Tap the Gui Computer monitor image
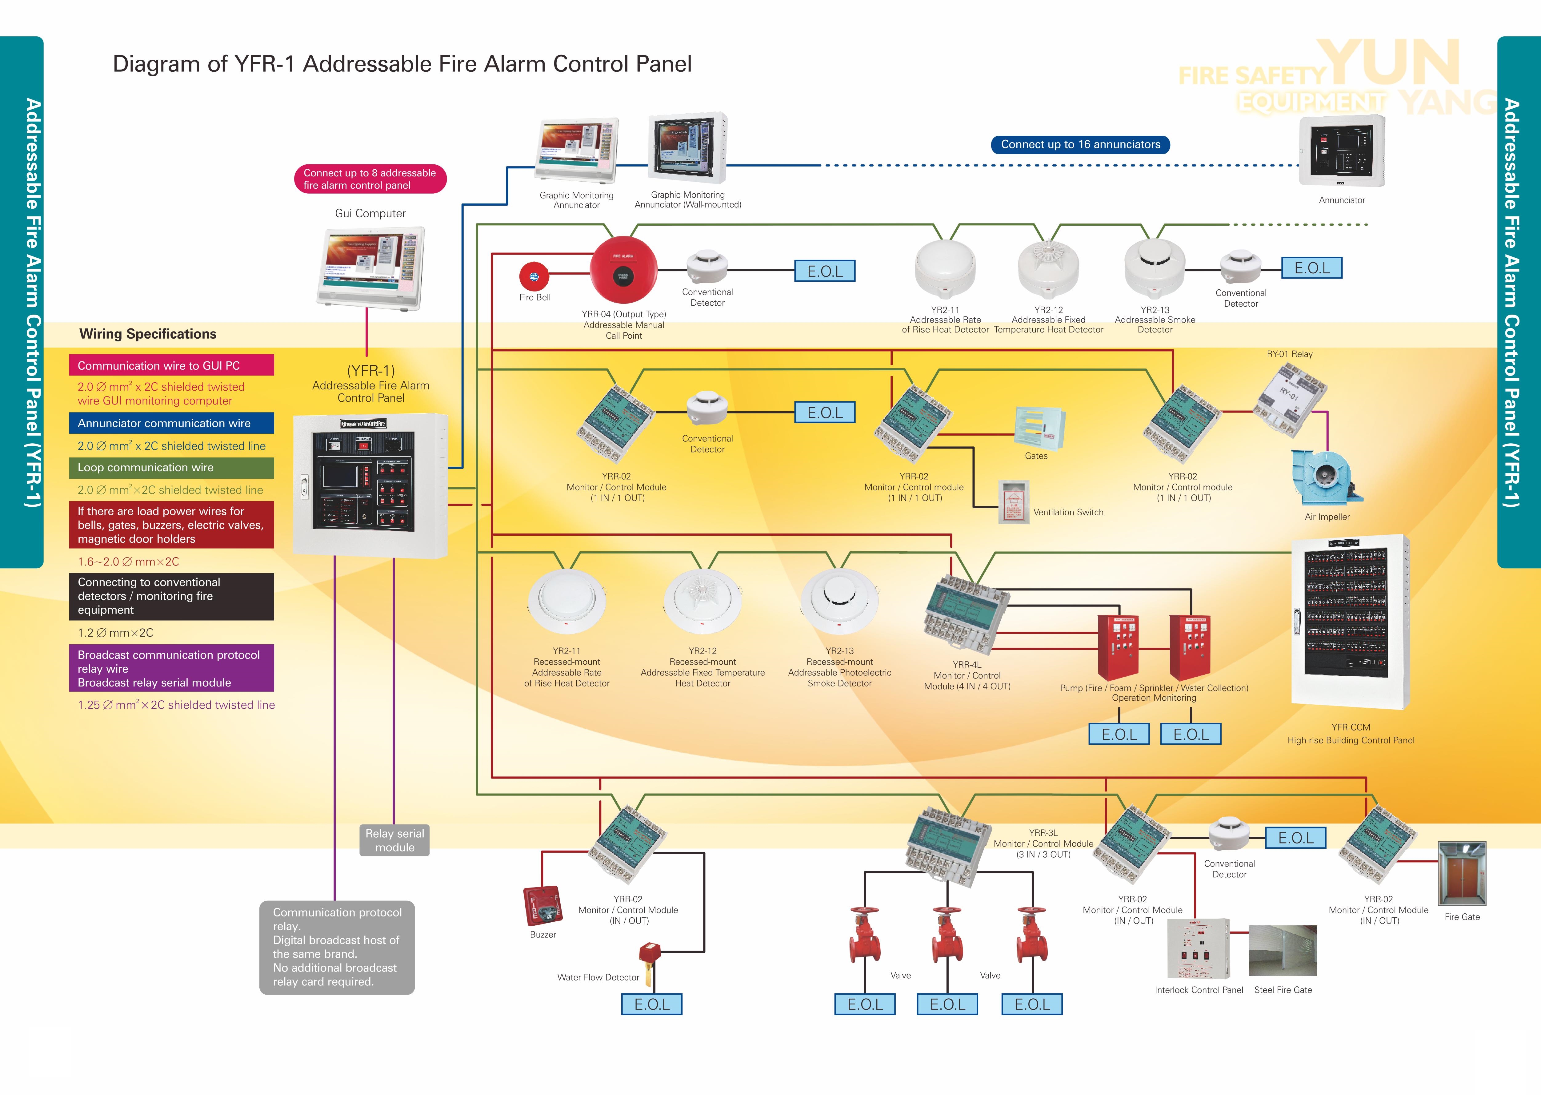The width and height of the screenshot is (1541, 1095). tap(370, 266)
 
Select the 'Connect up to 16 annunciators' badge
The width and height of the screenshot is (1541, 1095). tap(1080, 144)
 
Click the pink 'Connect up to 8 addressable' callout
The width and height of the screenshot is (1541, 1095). tap(370, 179)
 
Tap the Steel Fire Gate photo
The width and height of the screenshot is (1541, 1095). tap(1282, 951)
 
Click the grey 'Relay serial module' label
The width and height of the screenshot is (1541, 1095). tap(395, 840)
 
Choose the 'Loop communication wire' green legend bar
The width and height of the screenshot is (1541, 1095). tap(171, 467)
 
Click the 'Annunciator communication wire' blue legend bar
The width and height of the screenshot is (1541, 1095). tap(171, 423)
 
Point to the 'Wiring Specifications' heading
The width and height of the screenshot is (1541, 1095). tap(148, 334)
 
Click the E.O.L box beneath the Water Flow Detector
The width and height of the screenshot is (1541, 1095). tap(652, 1004)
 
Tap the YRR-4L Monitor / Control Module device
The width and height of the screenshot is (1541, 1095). tap(967, 614)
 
